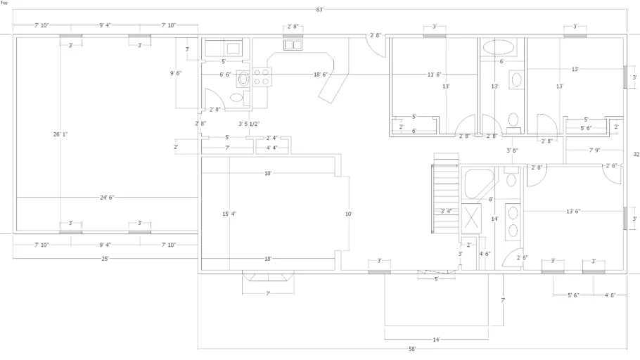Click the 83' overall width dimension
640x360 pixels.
tap(319, 9)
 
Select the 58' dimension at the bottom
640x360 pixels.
tap(412, 349)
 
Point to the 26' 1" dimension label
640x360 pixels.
tap(60, 134)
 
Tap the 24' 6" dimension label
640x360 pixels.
tap(107, 198)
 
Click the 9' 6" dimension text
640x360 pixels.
tap(176, 73)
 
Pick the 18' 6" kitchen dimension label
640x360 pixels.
tap(321, 75)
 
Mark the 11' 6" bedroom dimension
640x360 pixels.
tap(435, 75)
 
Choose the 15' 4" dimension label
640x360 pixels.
tap(229, 214)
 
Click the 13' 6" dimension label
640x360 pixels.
tap(573, 212)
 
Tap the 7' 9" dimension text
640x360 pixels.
tap(595, 150)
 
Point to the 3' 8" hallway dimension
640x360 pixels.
tap(512, 150)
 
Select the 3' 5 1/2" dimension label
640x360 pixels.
tap(249, 124)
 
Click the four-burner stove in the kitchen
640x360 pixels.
tap(261, 77)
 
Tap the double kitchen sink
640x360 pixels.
tap(293, 44)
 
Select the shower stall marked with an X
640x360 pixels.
tap(471, 219)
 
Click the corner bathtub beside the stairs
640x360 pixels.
tap(479, 184)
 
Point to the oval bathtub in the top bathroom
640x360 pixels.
tap(499, 47)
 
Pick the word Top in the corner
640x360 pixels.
tap(4, 3)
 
